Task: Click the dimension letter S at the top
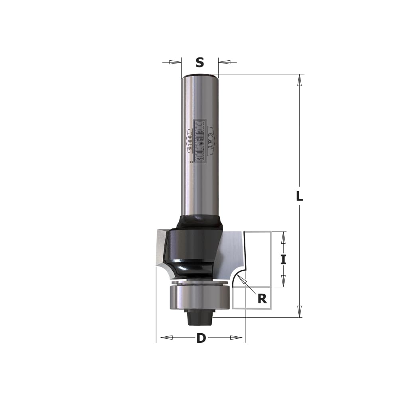[200, 62]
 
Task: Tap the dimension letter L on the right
[300, 196]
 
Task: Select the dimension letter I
[283, 260]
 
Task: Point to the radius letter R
[262, 299]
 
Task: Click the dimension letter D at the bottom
[201, 338]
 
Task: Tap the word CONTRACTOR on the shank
[200, 141]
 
